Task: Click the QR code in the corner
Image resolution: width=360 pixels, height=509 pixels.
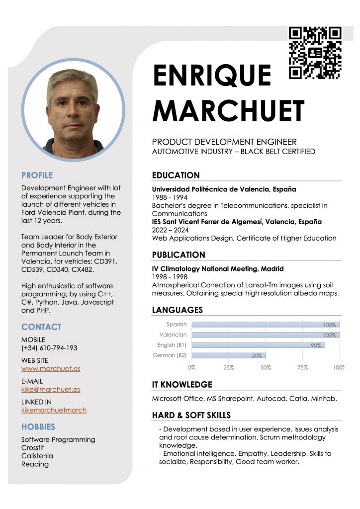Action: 315,53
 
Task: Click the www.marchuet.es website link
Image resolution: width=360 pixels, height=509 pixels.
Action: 51,369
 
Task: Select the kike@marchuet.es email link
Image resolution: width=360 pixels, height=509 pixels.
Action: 50,390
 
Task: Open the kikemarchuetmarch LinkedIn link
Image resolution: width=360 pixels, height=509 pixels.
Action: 54,410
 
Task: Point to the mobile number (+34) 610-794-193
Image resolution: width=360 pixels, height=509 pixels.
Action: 49,348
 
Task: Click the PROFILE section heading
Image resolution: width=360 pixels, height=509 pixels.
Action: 37,175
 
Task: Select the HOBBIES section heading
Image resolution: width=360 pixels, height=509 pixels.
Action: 38,426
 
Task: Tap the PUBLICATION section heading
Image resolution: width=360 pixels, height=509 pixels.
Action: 179,255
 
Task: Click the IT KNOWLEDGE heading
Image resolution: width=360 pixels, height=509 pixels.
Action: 182,384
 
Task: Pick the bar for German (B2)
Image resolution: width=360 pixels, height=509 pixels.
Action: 229,355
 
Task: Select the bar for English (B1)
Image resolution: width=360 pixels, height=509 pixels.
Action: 258,345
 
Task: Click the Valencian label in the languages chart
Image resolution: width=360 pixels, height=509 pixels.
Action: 173,335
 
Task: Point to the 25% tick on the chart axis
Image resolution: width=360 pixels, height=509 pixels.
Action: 229,368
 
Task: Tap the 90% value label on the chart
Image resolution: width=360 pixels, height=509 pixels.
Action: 316,345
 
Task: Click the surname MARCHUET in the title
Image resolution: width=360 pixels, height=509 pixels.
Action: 228,110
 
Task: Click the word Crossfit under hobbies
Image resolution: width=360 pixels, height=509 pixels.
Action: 33,448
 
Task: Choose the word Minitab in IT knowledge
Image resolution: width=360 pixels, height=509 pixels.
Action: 325,399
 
